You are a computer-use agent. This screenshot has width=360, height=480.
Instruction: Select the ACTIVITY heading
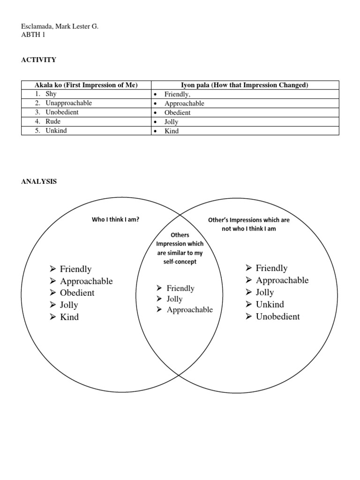(x=38, y=60)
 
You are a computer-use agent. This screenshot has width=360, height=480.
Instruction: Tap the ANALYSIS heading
(x=38, y=181)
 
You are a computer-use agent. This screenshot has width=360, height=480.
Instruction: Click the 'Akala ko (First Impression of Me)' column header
(x=86, y=85)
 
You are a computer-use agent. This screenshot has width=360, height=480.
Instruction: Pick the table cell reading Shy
(x=51, y=94)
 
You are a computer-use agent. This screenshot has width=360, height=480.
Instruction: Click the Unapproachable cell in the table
(x=68, y=103)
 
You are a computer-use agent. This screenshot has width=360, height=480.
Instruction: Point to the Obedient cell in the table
(x=178, y=112)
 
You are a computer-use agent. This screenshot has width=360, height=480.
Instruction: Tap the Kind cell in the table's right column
(x=172, y=131)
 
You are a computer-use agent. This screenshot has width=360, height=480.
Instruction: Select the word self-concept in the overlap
(x=180, y=262)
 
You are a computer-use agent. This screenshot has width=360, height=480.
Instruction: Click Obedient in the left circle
(x=77, y=293)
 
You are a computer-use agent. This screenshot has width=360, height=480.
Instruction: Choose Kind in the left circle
(x=69, y=317)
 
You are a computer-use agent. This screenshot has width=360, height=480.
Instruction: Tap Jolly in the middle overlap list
(x=174, y=299)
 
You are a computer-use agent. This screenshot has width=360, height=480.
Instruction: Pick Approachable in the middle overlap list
(x=189, y=310)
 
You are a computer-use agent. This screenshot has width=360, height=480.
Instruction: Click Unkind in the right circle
(x=270, y=304)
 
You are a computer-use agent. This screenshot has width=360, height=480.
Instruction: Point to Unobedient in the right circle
(x=277, y=316)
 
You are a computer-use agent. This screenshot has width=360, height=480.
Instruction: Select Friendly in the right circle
(x=271, y=268)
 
